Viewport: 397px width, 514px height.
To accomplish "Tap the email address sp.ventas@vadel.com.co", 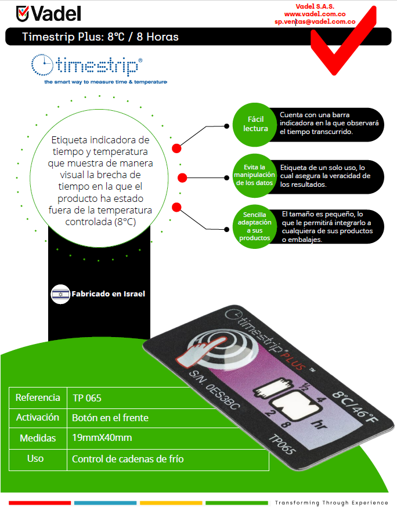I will tap(315, 21).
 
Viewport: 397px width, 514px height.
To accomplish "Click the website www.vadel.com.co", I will tap(315, 13).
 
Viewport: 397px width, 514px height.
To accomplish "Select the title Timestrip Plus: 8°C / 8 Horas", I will tap(100, 37).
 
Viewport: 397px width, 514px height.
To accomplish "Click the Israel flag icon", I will tap(60, 294).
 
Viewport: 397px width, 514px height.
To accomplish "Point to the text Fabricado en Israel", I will tap(108, 294).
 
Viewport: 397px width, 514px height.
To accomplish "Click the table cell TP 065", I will tap(87, 398).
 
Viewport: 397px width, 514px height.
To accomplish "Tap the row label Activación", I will tap(38, 418).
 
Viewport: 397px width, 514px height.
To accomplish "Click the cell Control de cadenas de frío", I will tap(128, 459).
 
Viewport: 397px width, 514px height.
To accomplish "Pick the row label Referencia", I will tap(38, 398).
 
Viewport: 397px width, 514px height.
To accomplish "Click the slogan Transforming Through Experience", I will tap(331, 502).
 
